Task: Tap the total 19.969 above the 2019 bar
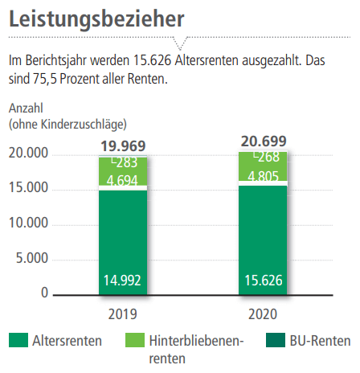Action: (123, 146)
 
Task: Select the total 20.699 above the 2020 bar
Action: (263, 142)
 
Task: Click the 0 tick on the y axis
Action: (45, 293)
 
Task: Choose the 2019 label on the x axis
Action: (123, 314)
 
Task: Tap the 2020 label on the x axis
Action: (263, 314)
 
